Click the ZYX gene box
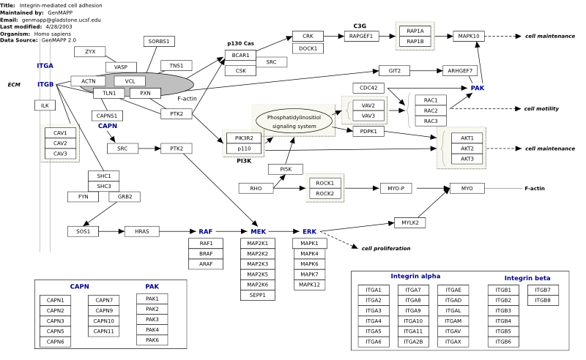[x=89, y=51]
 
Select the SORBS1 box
[x=159, y=41]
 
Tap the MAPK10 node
[x=469, y=37]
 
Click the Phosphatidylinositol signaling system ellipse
[x=294, y=121]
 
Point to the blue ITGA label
[x=45, y=66]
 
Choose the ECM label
[x=14, y=85]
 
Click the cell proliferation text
[x=386, y=248]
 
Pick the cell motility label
[x=541, y=109]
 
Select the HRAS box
[x=141, y=231]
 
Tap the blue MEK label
[x=259, y=231]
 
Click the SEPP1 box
[x=258, y=295]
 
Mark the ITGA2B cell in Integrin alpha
[x=413, y=342]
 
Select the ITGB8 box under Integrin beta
[x=543, y=300]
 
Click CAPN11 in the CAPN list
[x=103, y=331]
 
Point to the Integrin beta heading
[x=527, y=278]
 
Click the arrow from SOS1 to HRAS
[x=112, y=231]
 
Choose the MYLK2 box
[x=410, y=222]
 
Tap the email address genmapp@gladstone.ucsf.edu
[x=61, y=20]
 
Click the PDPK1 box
[x=368, y=132]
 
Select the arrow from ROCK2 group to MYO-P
[x=362, y=188]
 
